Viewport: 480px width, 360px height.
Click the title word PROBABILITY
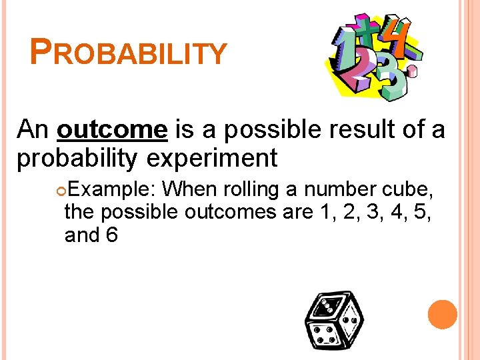click(129, 52)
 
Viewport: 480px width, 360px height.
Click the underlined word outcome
click(112, 129)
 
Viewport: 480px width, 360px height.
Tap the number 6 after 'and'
click(111, 235)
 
